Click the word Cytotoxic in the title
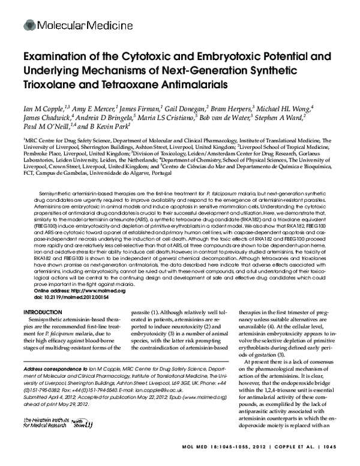(x=145, y=58)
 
